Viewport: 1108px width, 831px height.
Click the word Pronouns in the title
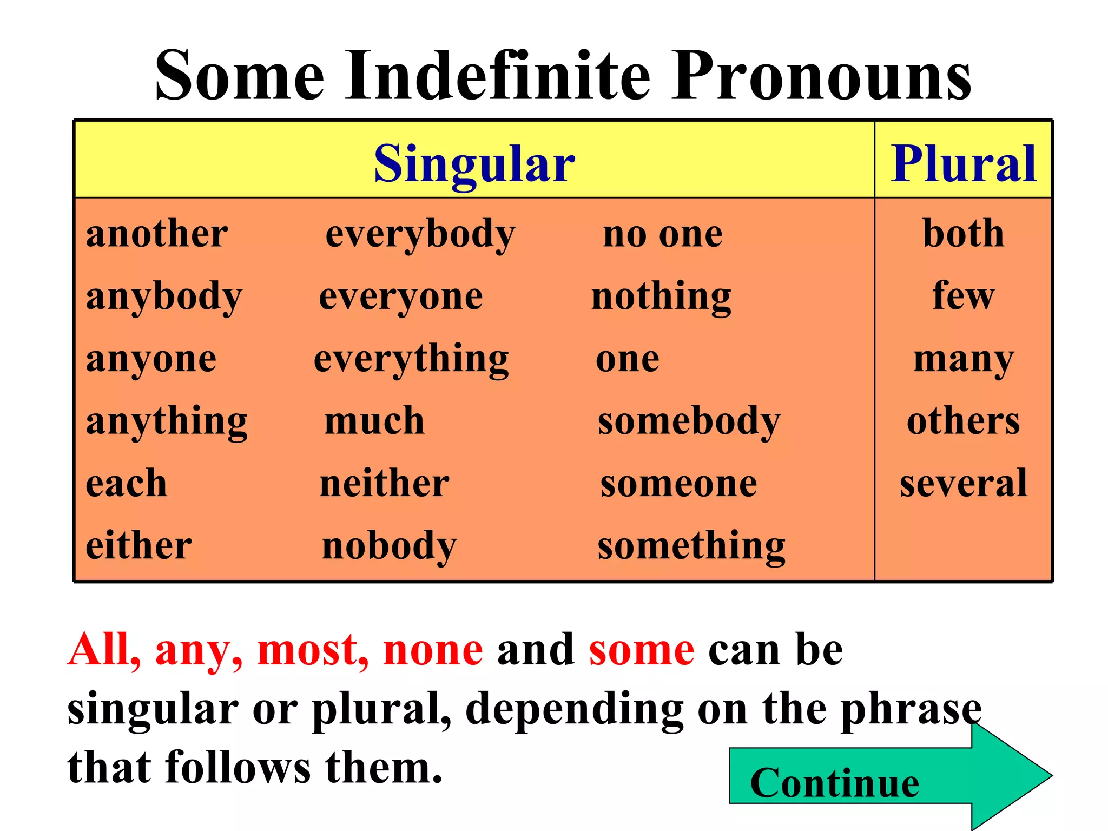(821, 76)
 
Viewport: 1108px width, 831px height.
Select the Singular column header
(474, 163)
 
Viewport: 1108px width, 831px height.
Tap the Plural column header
(964, 163)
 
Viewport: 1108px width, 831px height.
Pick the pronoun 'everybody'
(420, 235)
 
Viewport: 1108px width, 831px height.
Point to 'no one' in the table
(663, 234)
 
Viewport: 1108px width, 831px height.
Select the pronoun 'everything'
(411, 360)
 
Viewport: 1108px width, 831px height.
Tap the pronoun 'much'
(374, 421)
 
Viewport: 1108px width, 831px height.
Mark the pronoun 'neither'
(384, 483)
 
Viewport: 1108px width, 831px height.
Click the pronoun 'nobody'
(389, 546)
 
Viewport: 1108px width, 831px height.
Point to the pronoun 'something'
(691, 546)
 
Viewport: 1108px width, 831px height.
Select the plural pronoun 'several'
(964, 483)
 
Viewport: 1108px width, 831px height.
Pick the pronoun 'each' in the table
(126, 483)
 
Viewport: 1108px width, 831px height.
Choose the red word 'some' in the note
(642, 649)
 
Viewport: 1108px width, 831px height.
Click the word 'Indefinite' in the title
(498, 76)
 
